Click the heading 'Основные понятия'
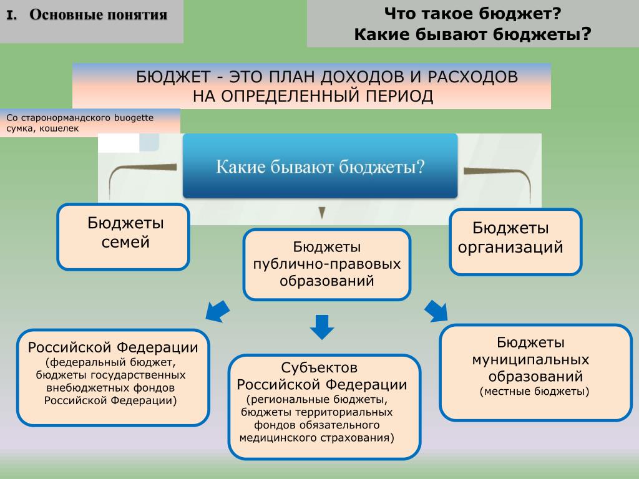98,15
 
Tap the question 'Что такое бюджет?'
473,14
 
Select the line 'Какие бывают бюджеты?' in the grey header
473,34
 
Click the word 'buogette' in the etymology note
134,118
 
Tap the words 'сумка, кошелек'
42,128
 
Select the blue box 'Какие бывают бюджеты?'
320,166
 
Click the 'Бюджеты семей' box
124,236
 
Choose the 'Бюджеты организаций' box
515,241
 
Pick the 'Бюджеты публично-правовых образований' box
327,264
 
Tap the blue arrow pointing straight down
322,327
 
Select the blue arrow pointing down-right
436,311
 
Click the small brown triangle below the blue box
322,213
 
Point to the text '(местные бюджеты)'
534,392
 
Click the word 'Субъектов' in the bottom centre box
319,368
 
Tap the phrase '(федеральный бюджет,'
110,362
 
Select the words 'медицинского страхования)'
316,438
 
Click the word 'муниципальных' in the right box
530,360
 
